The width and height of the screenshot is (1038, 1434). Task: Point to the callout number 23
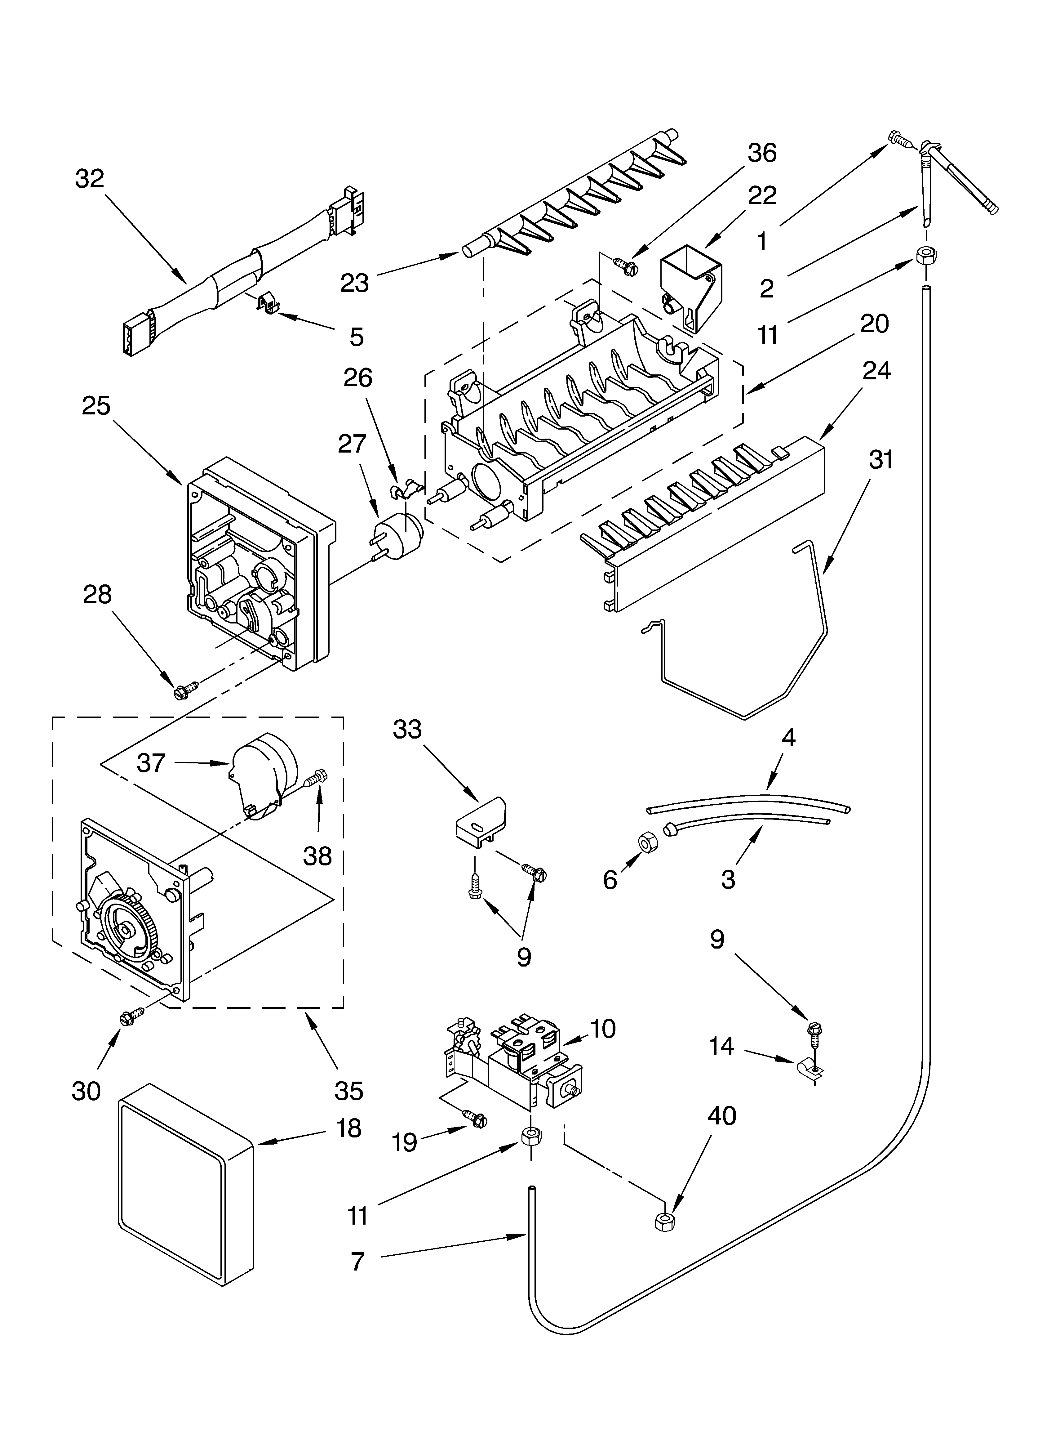click(354, 283)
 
